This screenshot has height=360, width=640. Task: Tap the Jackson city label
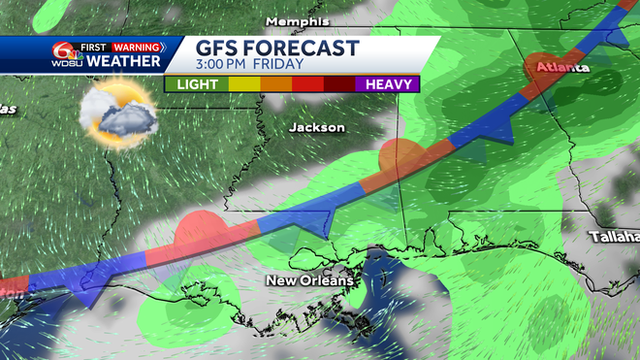(316, 127)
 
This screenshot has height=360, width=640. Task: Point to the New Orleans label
(309, 280)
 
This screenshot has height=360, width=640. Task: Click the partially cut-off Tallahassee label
(616, 236)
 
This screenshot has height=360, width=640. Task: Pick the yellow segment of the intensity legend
(242, 84)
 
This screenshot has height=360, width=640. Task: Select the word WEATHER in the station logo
(126, 61)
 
